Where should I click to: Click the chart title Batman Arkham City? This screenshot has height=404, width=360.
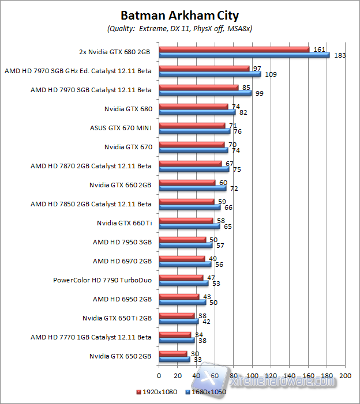pos(179,15)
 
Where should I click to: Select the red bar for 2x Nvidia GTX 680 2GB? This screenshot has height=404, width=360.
pos(234,49)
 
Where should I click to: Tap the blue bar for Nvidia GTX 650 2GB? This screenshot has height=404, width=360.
pos(174,360)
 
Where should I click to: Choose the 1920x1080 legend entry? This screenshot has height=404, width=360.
pos(156,392)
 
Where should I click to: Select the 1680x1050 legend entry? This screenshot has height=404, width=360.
pos(206,392)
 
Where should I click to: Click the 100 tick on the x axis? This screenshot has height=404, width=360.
pos(252,375)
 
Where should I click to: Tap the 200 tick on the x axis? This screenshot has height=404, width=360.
pos(345,375)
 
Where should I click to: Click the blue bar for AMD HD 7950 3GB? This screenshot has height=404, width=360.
pos(185,246)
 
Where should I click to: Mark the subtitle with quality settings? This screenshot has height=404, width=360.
pos(179,28)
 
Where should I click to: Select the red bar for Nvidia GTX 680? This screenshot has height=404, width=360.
pos(193,106)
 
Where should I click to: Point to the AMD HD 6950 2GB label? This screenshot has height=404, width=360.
pos(122,299)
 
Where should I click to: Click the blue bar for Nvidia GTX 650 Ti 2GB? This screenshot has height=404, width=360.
pos(178,322)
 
